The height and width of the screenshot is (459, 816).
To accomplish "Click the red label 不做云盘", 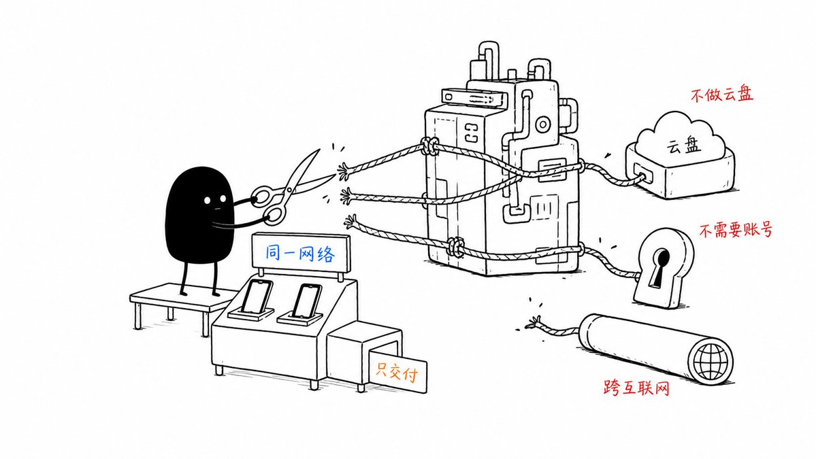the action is [x=722, y=94].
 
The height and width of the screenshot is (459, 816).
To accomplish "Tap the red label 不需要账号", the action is [x=735, y=230].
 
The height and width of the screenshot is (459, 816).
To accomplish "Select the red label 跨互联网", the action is [x=636, y=388].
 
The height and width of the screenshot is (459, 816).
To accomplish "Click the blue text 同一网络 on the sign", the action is [x=299, y=253].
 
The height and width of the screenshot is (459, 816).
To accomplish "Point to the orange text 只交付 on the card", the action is [x=397, y=372].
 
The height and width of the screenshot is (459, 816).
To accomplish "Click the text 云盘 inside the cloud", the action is [x=683, y=145].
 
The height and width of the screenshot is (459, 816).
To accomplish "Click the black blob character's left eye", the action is [x=208, y=200].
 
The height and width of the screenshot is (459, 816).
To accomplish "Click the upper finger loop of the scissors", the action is [x=262, y=195].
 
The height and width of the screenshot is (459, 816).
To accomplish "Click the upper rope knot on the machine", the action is [x=429, y=146].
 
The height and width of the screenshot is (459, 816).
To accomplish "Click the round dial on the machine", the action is [x=543, y=124].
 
